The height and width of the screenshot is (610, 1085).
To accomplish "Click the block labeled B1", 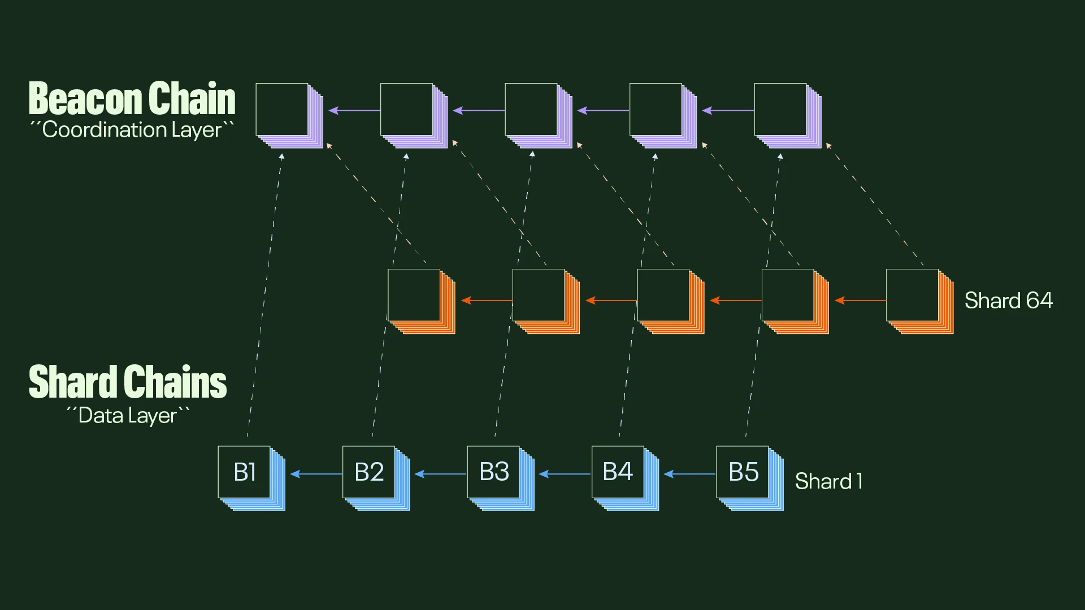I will pos(245,472).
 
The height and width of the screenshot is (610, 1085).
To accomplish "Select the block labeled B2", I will pos(369,472).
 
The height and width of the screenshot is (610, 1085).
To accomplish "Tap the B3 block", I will pos(494,472).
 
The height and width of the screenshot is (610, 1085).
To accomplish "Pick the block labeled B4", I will pos(618,472).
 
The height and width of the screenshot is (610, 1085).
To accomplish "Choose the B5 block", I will pos(743,472).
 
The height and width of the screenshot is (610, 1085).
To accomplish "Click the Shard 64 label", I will pos(1008,300).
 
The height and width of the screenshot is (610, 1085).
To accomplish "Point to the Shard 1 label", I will pos(828,481).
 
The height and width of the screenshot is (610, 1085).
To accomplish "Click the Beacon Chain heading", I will pos(132,99).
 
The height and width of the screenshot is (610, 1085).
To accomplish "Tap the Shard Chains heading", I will pos(128,382).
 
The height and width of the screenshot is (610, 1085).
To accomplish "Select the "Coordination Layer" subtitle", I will pos(132,130).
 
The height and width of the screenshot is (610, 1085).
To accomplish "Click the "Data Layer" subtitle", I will pos(128,416).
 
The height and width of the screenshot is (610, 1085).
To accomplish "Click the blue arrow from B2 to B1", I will pos(316,474).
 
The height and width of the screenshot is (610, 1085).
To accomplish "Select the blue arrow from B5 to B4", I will pos(689,474).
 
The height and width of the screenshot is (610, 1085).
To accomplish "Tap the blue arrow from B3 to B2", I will pos(440,474).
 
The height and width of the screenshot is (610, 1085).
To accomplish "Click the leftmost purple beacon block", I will pos(283,110).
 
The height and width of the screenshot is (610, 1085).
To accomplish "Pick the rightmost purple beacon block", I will pos(781,110).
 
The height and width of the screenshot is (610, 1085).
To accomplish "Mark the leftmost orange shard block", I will pos(415,295).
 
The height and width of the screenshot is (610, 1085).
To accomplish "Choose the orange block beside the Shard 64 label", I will pos(913,295).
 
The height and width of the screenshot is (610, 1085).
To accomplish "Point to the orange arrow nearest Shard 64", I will pos(860,300).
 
